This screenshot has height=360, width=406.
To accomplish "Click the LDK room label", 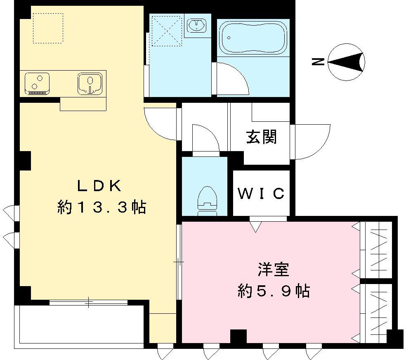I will click(x=100, y=186).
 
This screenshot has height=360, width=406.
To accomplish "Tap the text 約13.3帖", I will click(x=101, y=207).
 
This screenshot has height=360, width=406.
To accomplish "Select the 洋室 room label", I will click(x=273, y=270).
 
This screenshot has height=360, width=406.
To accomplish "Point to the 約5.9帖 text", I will click(x=273, y=291).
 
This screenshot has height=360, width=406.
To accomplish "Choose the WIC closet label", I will click(x=261, y=193).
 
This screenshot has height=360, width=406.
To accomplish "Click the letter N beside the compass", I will click(x=317, y=62).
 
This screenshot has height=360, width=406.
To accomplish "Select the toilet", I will click(x=208, y=199).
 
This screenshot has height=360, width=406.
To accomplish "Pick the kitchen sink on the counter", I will click(x=90, y=83).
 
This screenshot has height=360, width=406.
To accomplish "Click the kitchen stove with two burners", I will click(x=37, y=83).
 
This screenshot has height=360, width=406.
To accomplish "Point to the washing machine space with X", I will click(x=167, y=31).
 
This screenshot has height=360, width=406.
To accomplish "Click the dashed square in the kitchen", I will click(x=48, y=28).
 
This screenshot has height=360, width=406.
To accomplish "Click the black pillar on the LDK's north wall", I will click(x=24, y=160).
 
